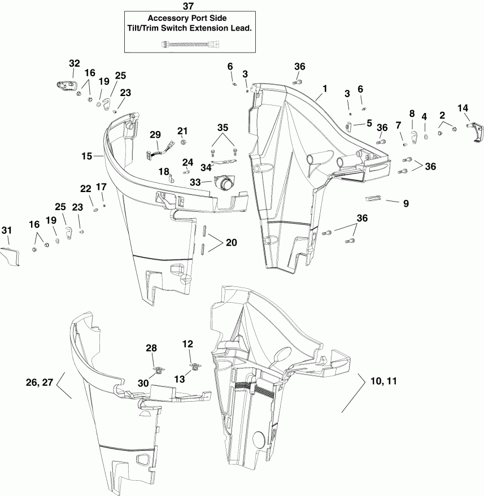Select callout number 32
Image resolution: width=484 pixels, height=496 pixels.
(75, 63)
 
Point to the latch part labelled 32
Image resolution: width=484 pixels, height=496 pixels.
(66, 86)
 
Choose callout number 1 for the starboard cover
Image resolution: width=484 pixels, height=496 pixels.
(325, 89)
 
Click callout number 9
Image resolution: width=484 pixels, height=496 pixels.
(405, 202)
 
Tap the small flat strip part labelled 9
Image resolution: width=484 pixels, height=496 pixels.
(374, 198)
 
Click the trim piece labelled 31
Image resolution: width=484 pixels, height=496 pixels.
(10, 257)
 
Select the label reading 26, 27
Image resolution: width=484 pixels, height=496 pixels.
(40, 382)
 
